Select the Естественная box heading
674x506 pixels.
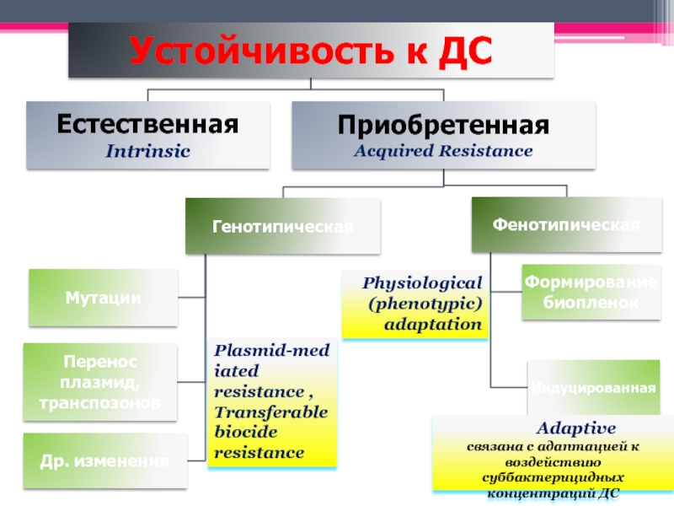pos(147,125)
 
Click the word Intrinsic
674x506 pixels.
pos(147,152)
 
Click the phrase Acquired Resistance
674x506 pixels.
pos(443,152)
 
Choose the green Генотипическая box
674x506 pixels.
pos(283,226)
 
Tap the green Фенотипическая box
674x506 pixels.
pos(565,225)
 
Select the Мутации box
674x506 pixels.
pos(104,297)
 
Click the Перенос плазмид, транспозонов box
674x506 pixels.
pos(99,382)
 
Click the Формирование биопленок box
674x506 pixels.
pos(589,292)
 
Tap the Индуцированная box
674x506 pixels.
pos(593,388)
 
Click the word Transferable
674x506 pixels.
pos(270,412)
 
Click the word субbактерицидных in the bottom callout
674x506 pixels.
pos(554,478)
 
